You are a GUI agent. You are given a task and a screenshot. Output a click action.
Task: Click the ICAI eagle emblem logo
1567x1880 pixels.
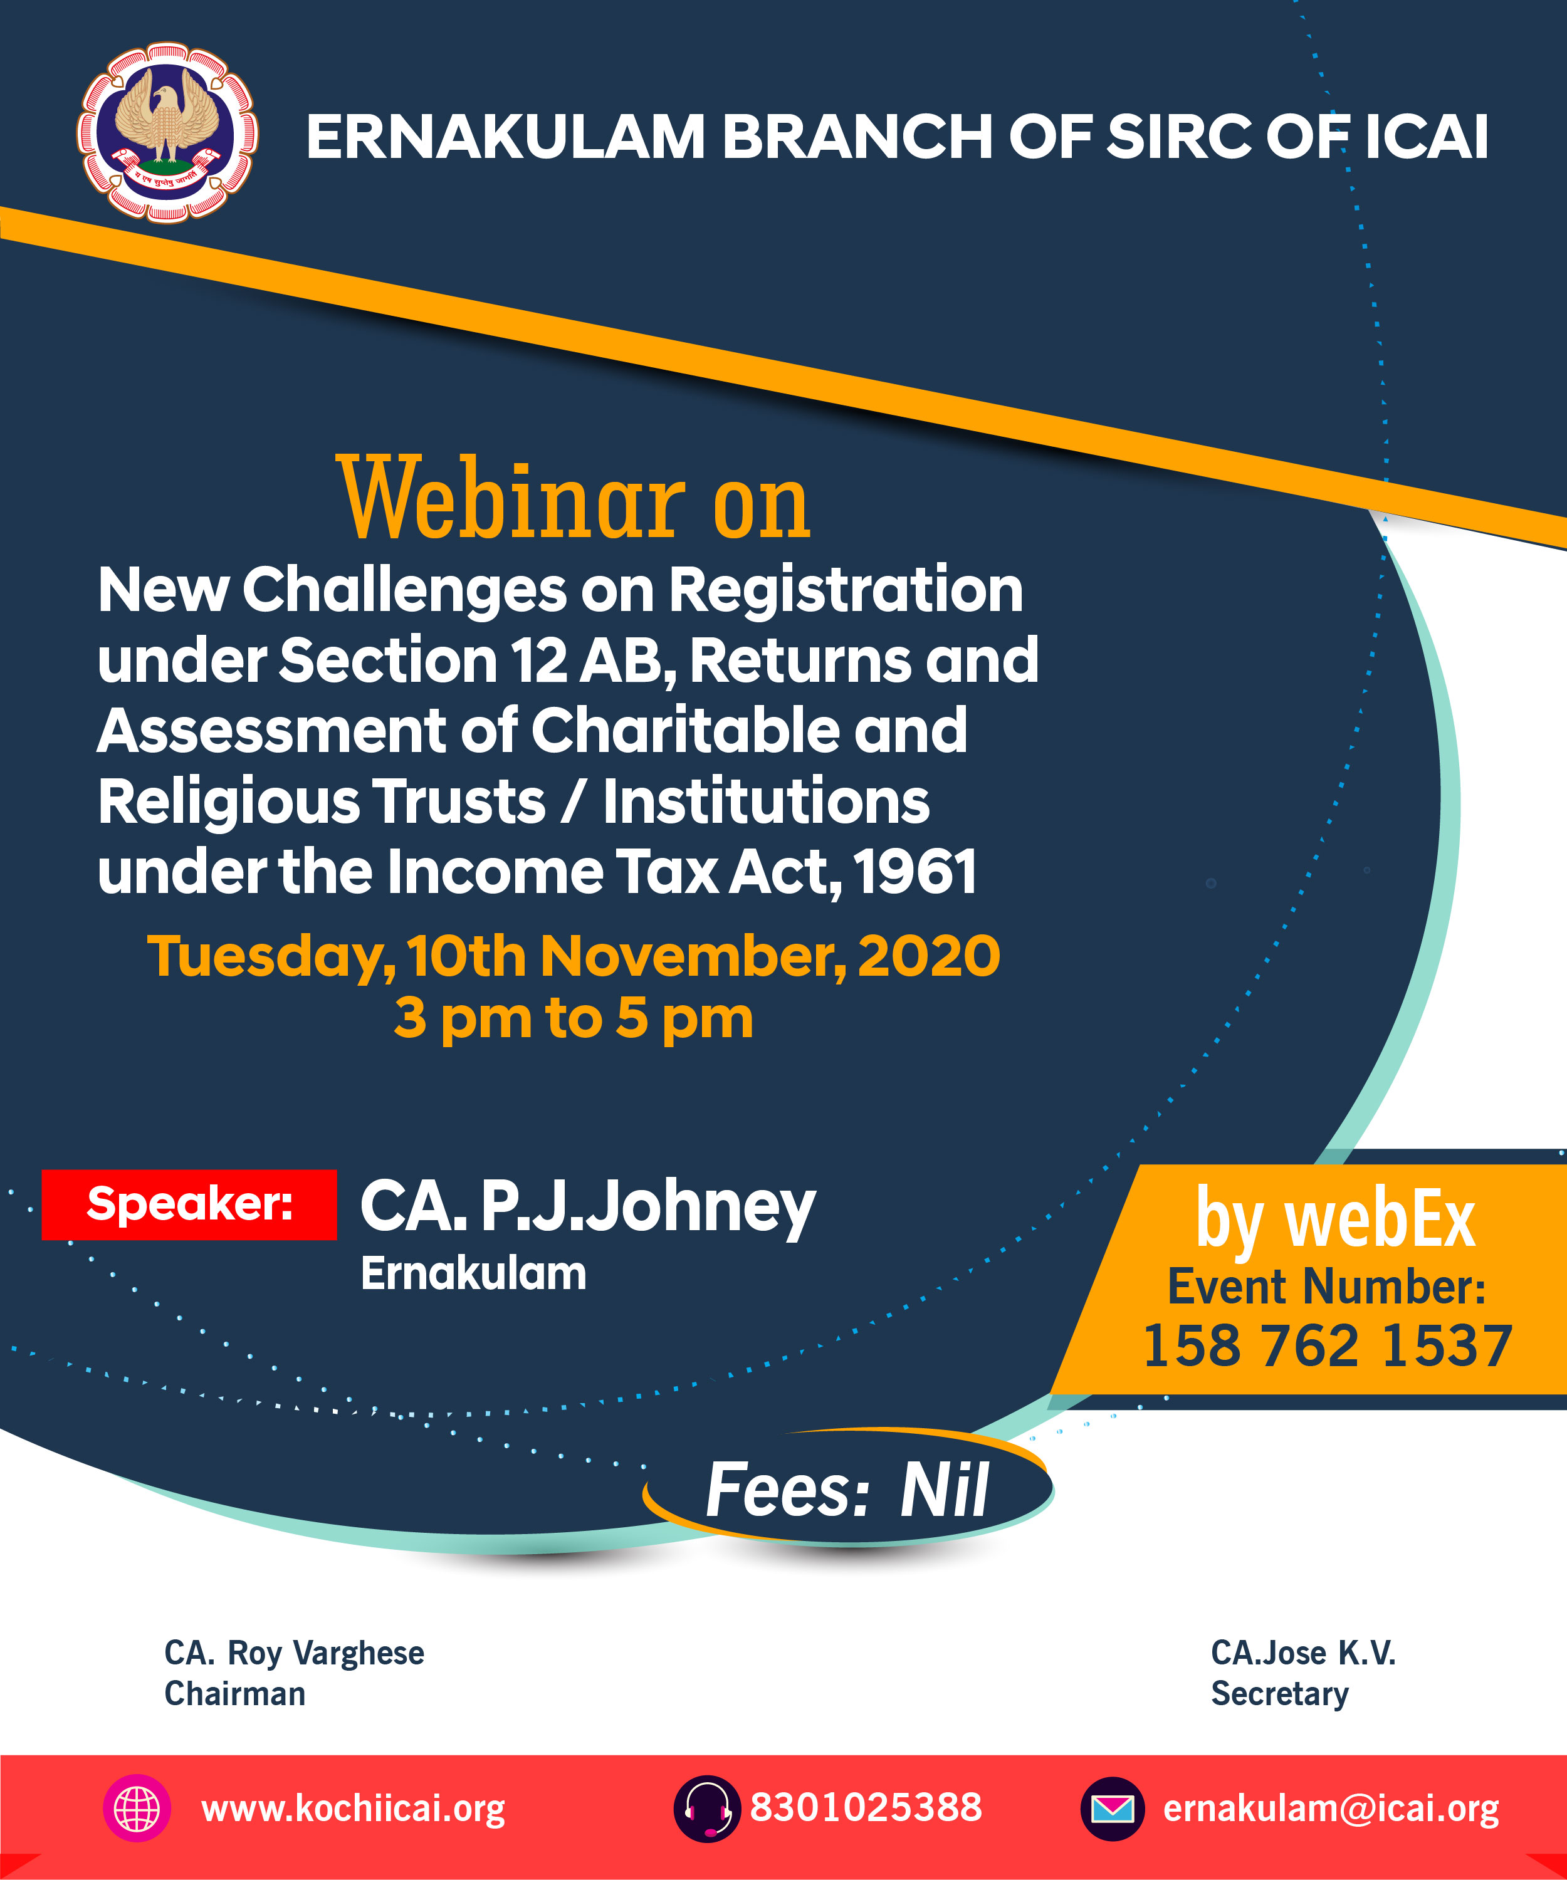167,132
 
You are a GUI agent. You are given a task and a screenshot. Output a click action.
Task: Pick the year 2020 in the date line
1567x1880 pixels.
928,956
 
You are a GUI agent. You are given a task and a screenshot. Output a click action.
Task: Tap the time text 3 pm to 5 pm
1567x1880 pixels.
573,1019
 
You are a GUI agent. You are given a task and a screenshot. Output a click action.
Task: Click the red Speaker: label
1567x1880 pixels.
189,1204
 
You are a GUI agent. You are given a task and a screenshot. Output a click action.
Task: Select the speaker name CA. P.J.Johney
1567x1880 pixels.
587,1207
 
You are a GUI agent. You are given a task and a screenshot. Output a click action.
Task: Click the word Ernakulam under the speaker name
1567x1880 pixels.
473,1273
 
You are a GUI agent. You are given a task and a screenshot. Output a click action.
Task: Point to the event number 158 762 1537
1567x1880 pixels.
1328,1345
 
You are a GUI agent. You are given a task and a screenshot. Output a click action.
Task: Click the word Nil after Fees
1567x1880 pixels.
945,1491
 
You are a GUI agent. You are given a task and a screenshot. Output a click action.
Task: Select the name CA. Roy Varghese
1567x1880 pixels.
294,1653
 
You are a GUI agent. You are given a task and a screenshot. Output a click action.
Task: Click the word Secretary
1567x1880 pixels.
1279,1695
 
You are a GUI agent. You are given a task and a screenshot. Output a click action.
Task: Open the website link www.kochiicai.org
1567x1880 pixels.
353,1809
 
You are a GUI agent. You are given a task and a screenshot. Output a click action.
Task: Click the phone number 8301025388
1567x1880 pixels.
866,1807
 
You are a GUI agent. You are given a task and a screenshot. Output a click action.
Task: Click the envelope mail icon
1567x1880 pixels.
1112,1809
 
